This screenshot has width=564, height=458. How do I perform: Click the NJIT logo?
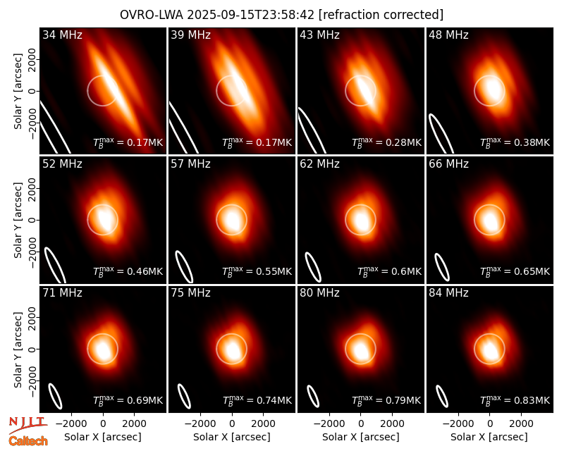click(27, 424)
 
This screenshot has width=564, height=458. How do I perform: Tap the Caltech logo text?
click(28, 441)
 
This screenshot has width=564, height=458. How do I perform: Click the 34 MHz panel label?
click(62, 35)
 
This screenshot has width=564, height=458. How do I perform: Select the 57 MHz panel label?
click(190, 164)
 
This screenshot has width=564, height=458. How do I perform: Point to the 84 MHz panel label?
click(448, 293)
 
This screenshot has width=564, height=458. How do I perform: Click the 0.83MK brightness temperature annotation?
click(515, 400)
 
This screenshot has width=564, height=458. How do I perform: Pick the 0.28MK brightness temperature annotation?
click(386, 142)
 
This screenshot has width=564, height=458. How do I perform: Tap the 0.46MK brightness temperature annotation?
click(128, 271)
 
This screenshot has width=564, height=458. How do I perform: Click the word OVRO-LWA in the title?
click(152, 15)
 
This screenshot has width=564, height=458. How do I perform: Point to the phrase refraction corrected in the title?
click(381, 15)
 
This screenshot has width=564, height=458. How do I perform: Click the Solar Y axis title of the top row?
click(18, 92)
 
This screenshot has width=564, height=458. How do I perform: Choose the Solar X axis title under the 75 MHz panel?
click(232, 437)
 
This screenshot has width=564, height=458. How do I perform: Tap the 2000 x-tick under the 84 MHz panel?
click(521, 423)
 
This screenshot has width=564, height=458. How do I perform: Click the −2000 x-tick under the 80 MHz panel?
click(329, 423)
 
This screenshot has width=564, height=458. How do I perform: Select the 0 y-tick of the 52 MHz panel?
click(32, 220)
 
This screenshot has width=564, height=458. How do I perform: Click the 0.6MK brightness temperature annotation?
click(389, 271)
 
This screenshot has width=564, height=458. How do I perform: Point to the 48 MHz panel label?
click(448, 35)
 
